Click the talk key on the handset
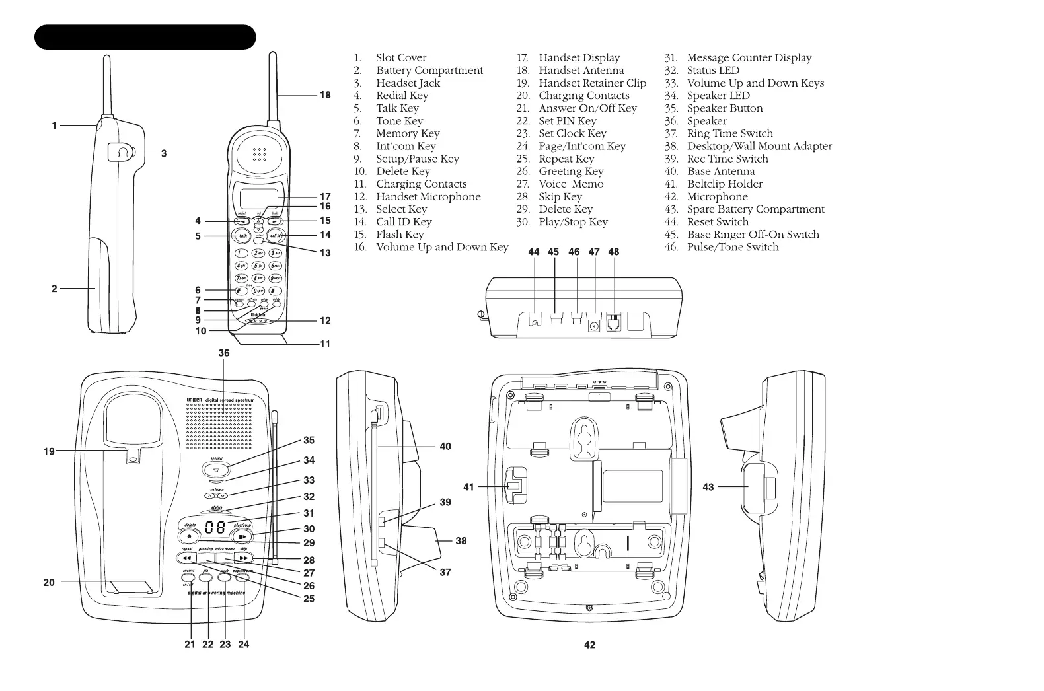tap(242, 236)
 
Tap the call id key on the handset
tap(276, 236)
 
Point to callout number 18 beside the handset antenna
tap(325, 95)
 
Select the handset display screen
tap(258, 198)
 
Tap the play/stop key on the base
tap(242, 536)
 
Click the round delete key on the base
tap(189, 536)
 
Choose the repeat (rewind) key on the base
tap(187, 558)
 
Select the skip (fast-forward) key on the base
tap(243, 558)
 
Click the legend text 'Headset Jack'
tap(408, 83)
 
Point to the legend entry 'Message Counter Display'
tap(749, 58)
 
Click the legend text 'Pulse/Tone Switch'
tap(732, 247)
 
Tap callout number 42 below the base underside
tap(589, 645)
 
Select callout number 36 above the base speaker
tap(224, 353)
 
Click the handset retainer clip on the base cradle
tap(133, 456)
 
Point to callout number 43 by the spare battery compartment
tap(708, 487)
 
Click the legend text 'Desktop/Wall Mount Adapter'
tap(759, 146)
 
